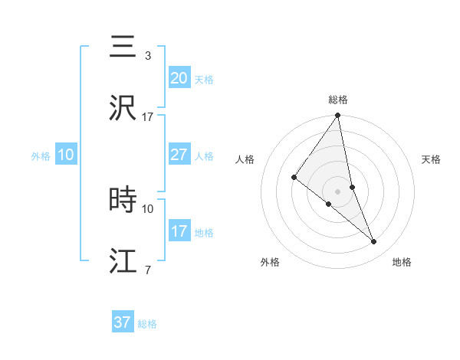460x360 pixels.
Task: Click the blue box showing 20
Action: [x=179, y=77]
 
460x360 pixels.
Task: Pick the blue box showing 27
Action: [x=179, y=155]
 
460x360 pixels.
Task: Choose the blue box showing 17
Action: [x=179, y=231]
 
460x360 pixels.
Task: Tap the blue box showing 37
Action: [x=122, y=322]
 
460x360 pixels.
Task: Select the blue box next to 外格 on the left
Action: [x=65, y=155]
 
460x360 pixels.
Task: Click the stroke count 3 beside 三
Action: [x=147, y=55]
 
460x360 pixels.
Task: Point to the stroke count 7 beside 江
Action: [x=147, y=270]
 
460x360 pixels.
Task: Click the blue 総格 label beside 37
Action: [x=147, y=324]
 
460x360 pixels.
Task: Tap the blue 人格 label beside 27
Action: [x=204, y=156]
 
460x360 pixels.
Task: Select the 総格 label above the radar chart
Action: [x=338, y=100]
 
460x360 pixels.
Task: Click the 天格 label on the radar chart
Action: [x=432, y=159]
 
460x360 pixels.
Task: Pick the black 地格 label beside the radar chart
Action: [x=402, y=262]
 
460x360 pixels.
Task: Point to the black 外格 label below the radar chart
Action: [x=270, y=262]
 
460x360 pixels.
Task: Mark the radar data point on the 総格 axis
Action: [x=338, y=116]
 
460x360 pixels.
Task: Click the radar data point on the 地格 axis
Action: [x=374, y=241]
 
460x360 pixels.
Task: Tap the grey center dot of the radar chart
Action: [x=338, y=191]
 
